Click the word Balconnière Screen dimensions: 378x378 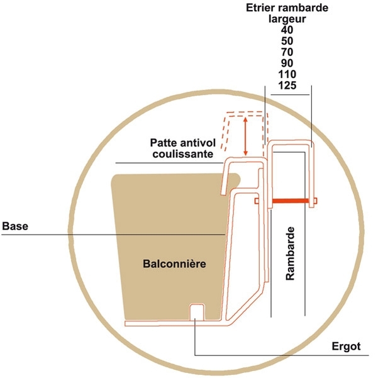pyautogui.click(x=174, y=264)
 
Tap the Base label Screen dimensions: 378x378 pyautogui.click(x=15, y=226)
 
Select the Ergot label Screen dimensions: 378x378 pyautogui.click(x=346, y=347)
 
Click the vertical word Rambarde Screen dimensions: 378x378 pyautogui.click(x=290, y=253)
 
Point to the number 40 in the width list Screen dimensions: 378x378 pyautogui.click(x=287, y=30)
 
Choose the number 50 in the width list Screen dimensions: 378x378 pyautogui.click(x=287, y=41)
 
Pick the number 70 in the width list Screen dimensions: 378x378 pyautogui.click(x=287, y=52)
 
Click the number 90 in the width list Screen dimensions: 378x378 pyautogui.click(x=287, y=63)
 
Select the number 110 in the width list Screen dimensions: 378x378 pyautogui.click(x=287, y=74)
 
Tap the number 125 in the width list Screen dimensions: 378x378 pyautogui.click(x=287, y=86)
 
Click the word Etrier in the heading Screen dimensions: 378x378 pyautogui.click(x=260, y=8)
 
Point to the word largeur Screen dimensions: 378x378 pyautogui.click(x=287, y=19)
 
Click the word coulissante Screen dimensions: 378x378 pyautogui.click(x=183, y=154)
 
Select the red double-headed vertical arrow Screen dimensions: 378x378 pyautogui.click(x=245, y=136)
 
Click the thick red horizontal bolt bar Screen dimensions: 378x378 pyautogui.click(x=291, y=201)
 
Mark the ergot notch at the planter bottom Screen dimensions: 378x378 pyautogui.click(x=197, y=312)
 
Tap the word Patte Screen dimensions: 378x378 pyautogui.click(x=162, y=143)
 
